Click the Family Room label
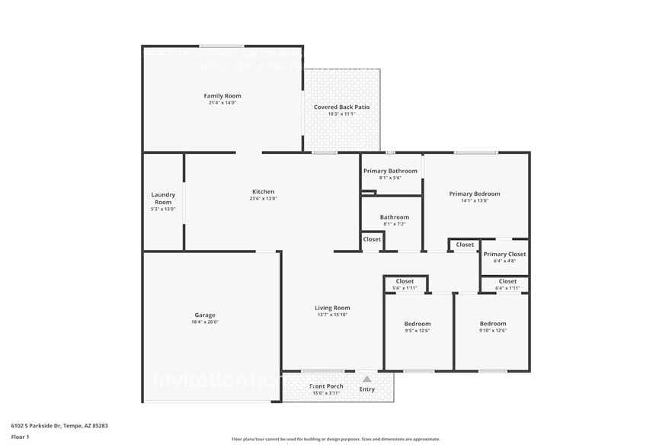(222, 96)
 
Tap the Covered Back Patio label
(341, 107)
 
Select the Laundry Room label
(163, 198)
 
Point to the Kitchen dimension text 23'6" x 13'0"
(263, 199)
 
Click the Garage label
(204, 315)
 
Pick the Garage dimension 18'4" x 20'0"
(204, 322)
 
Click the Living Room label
(332, 308)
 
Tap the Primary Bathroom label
(390, 171)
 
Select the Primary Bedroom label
(475, 194)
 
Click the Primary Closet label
(504, 254)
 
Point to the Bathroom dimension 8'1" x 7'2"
(395, 224)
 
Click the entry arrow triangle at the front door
(366, 379)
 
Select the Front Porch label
(326, 386)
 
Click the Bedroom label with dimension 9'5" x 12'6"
(417, 324)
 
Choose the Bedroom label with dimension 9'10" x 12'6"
(492, 324)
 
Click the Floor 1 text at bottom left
(20, 437)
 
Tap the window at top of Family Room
(222, 46)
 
